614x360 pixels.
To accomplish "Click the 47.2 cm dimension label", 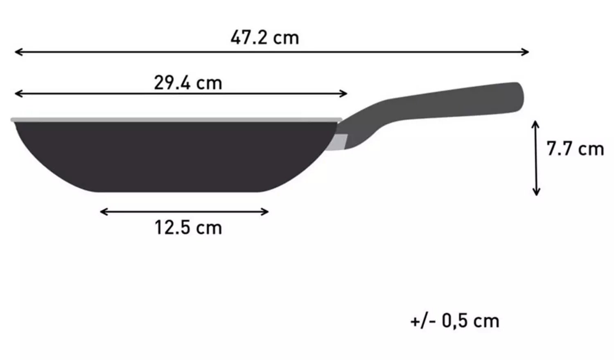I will pyautogui.click(x=264, y=38).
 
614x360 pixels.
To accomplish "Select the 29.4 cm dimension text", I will pyautogui.click(x=188, y=83).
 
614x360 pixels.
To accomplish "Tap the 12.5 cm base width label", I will pyautogui.click(x=188, y=227).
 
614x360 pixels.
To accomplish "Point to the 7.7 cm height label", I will pyautogui.click(x=575, y=148).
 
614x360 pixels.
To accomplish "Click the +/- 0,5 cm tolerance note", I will pyautogui.click(x=455, y=321).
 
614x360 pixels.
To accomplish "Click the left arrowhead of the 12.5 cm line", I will pyautogui.click(x=102, y=211).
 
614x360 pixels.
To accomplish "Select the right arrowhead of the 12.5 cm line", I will pyautogui.click(x=266, y=211).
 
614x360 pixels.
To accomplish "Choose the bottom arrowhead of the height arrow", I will pyautogui.click(x=536, y=193).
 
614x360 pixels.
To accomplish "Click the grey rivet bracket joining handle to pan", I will pyautogui.click(x=341, y=142).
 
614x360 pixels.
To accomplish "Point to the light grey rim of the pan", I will pyautogui.click(x=176, y=119).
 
